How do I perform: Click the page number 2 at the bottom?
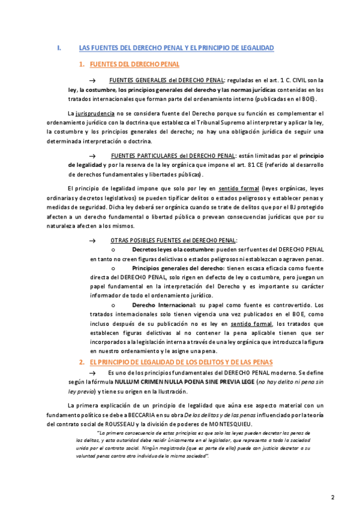[x=333, y=480]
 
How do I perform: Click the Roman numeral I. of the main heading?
[x=58, y=47]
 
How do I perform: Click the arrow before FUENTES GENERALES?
[x=92, y=80]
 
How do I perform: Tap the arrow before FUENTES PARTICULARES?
[x=92, y=155]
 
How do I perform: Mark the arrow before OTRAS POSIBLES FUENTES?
[x=92, y=240]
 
